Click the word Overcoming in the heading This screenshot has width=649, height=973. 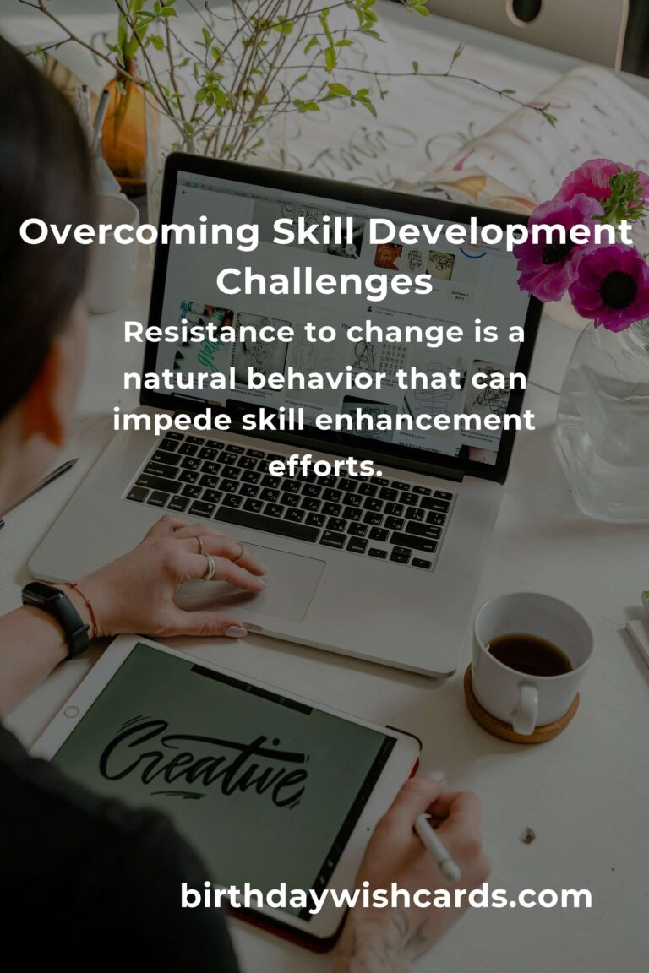(x=139, y=233)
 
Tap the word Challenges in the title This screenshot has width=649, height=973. (x=324, y=282)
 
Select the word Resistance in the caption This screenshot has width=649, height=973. (x=208, y=332)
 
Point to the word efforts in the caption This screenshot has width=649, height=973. (x=324, y=466)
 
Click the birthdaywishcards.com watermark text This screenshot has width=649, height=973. (x=385, y=896)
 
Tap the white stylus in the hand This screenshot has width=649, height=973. (x=437, y=848)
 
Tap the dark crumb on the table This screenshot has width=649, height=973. (x=528, y=835)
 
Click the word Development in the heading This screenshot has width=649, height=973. (x=500, y=233)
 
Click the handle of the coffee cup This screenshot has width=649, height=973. (x=526, y=709)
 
